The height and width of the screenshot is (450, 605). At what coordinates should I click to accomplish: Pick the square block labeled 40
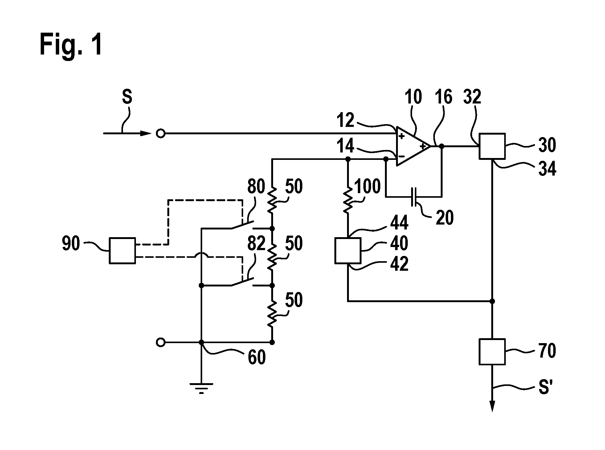click(x=348, y=251)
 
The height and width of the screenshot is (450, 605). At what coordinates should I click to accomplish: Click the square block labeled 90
click(x=122, y=251)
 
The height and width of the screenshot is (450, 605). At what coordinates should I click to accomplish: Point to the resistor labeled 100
click(x=348, y=200)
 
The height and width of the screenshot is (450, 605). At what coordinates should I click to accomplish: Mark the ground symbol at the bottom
click(x=201, y=388)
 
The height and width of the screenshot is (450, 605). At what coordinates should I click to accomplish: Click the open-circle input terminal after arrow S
click(x=161, y=134)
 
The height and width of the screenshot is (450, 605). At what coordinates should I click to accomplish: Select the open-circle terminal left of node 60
click(x=161, y=342)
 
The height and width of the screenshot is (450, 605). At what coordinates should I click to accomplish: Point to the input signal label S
click(x=127, y=97)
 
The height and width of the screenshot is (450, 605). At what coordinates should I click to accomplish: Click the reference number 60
click(x=256, y=358)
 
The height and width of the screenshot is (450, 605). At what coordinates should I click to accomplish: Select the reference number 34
click(x=547, y=169)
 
